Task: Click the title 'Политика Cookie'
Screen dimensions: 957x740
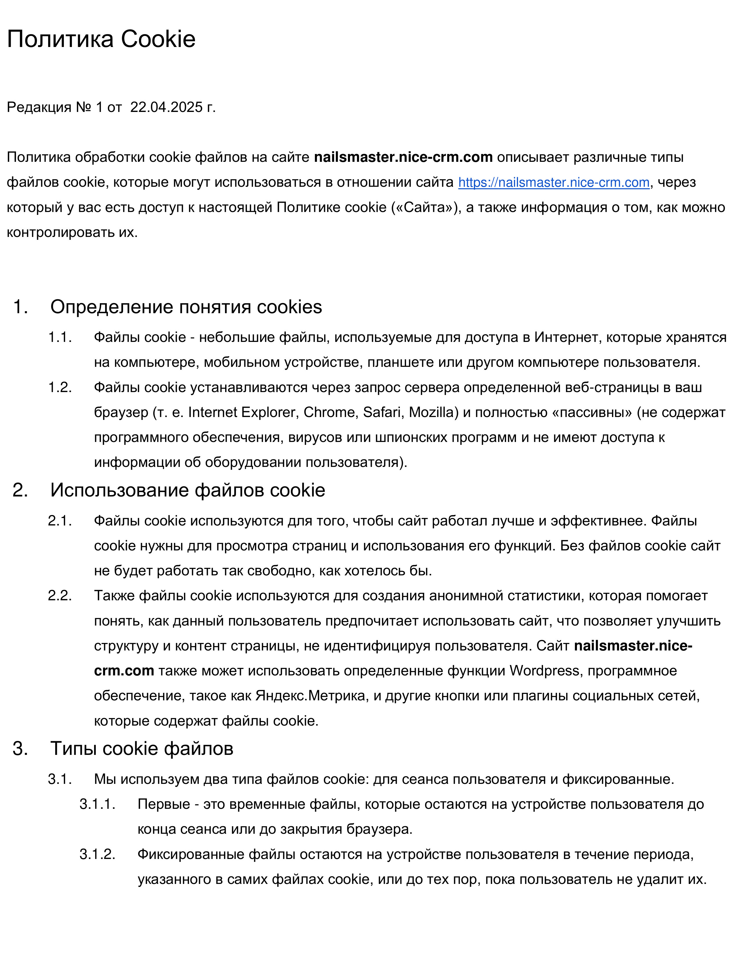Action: pyautogui.click(x=101, y=39)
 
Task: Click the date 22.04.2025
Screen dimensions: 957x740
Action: pyautogui.click(x=166, y=107)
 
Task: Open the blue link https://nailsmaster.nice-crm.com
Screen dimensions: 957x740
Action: pyautogui.click(x=553, y=182)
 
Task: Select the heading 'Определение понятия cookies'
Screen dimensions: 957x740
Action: pyautogui.click(x=186, y=307)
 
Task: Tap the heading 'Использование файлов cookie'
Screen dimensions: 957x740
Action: pyautogui.click(x=188, y=490)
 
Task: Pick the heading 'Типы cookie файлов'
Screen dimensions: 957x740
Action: pyautogui.click(x=142, y=748)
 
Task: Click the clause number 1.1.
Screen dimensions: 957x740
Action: pyautogui.click(x=59, y=337)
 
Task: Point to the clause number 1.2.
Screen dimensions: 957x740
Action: pyautogui.click(x=59, y=387)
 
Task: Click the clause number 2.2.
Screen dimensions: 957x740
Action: pyautogui.click(x=59, y=596)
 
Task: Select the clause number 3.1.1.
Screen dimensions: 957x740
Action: pyautogui.click(x=97, y=804)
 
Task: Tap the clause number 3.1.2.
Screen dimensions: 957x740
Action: pyautogui.click(x=97, y=854)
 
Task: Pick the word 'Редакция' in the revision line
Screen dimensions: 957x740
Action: pyautogui.click(x=39, y=107)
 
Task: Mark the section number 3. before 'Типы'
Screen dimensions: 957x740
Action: pyautogui.click(x=20, y=748)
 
